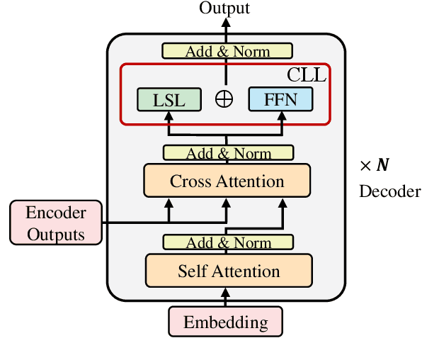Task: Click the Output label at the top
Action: pyautogui.click(x=224, y=9)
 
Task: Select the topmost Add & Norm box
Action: pyautogui.click(x=227, y=51)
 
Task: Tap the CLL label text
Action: pyautogui.click(x=306, y=75)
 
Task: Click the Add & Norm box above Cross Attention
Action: pyautogui.click(x=227, y=153)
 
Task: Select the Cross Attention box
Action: pyautogui.click(x=227, y=181)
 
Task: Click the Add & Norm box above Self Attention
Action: pyautogui.click(x=227, y=242)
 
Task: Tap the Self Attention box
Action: pyautogui.click(x=228, y=271)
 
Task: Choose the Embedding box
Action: pyautogui.click(x=226, y=322)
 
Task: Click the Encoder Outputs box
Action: pyautogui.click(x=56, y=223)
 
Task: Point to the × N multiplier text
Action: pyautogui.click(x=374, y=167)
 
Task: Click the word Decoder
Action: pyautogui.click(x=389, y=191)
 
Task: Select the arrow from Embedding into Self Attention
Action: pyautogui.click(x=227, y=297)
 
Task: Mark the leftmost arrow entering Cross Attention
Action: pyautogui.click(x=169, y=208)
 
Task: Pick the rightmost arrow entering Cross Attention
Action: pyautogui.click(x=283, y=208)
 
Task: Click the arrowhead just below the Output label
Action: pyautogui.click(x=227, y=23)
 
